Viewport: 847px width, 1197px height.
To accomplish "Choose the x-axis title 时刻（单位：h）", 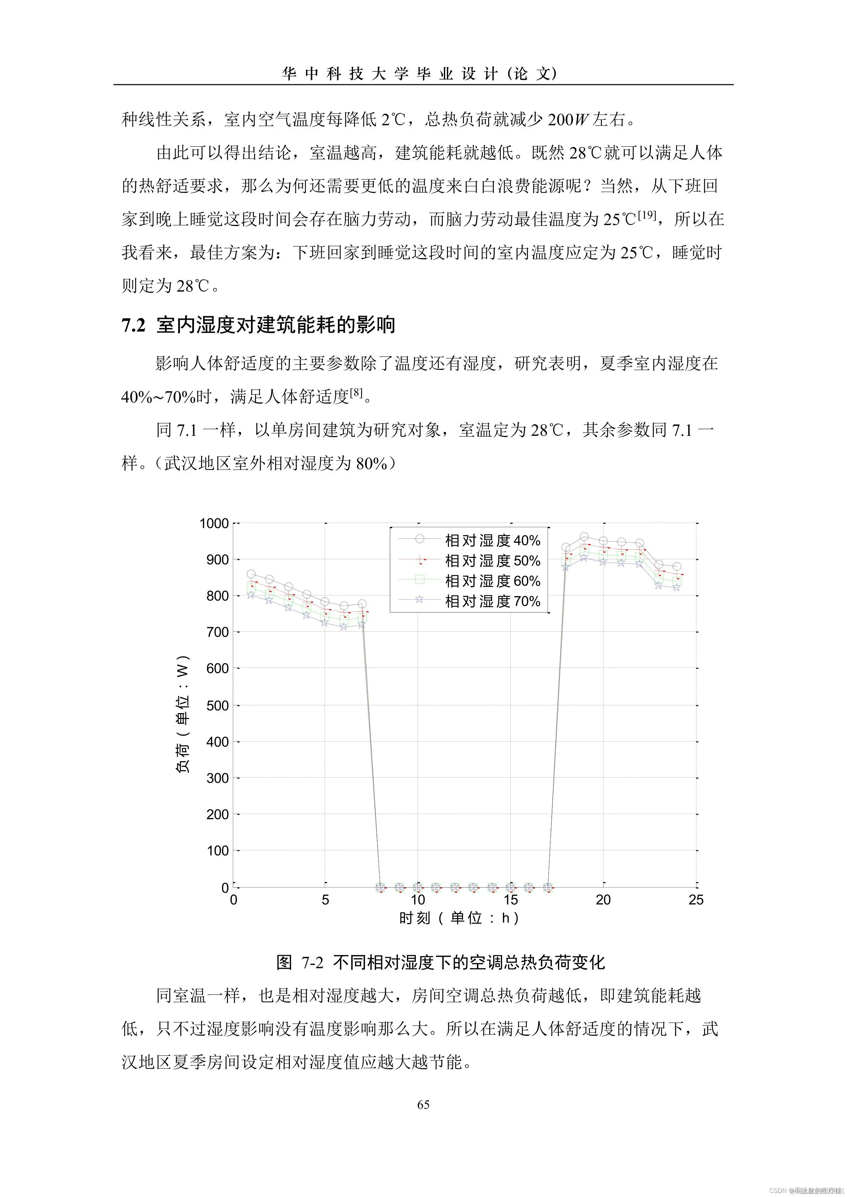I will click(x=459, y=918).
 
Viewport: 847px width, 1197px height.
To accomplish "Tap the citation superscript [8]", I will click(x=356, y=392).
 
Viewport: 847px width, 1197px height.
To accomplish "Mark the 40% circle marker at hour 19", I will click(x=584, y=537).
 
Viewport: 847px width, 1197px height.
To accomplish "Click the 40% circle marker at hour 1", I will click(x=251, y=574).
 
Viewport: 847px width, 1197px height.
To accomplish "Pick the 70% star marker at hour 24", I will click(x=676, y=588).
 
